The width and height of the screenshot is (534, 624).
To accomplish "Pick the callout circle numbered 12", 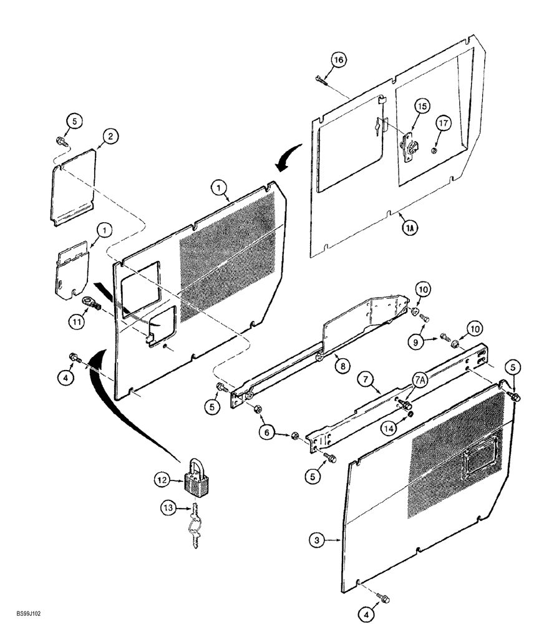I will [x=163, y=479].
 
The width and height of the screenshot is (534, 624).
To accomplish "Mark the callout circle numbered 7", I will [x=366, y=379].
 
